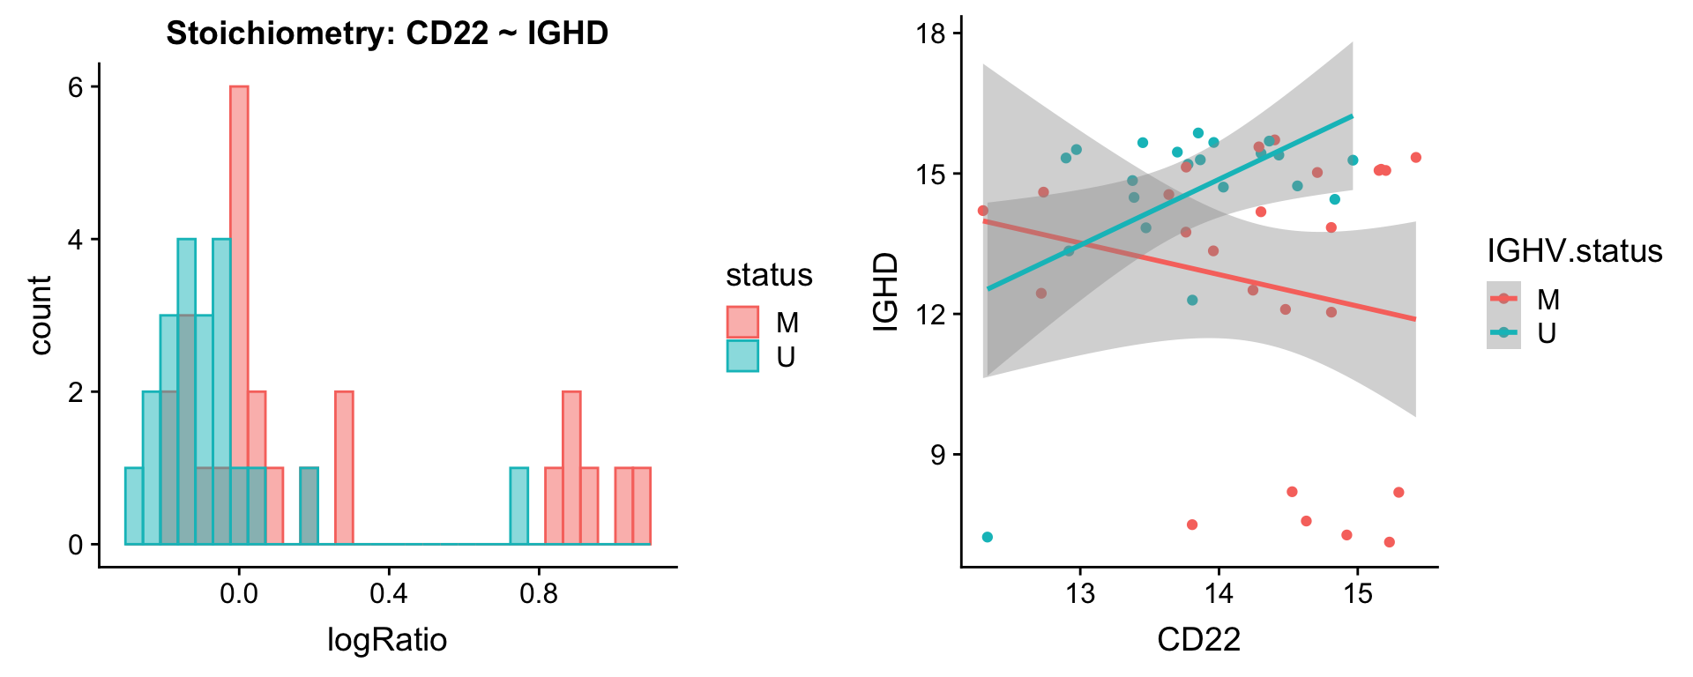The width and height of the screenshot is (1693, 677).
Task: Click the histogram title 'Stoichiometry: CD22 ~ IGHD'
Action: tap(387, 33)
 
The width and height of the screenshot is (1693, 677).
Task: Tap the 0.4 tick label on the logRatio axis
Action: tap(388, 592)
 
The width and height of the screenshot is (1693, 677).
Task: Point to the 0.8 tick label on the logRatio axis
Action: tap(539, 592)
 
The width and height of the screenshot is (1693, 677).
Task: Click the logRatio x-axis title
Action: tap(387, 639)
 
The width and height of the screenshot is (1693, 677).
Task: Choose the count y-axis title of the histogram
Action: tap(41, 315)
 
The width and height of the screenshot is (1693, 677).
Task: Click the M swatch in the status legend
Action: tap(742, 323)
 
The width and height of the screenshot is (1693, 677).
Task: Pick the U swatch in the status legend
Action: tap(742, 356)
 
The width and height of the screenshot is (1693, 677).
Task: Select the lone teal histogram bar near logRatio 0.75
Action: tap(519, 506)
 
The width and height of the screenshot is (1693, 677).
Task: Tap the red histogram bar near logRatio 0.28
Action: tap(344, 468)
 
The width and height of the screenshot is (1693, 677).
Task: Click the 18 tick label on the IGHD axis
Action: tap(931, 34)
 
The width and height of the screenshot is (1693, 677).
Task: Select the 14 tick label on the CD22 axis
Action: tap(1219, 592)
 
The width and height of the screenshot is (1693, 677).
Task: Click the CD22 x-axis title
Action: tap(1199, 639)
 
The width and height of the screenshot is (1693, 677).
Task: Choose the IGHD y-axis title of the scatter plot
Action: tap(885, 292)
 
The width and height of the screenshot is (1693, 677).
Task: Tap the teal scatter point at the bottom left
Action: tap(988, 537)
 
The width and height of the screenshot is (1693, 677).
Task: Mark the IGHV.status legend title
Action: tap(1575, 251)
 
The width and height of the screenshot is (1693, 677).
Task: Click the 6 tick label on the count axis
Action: tap(77, 86)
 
